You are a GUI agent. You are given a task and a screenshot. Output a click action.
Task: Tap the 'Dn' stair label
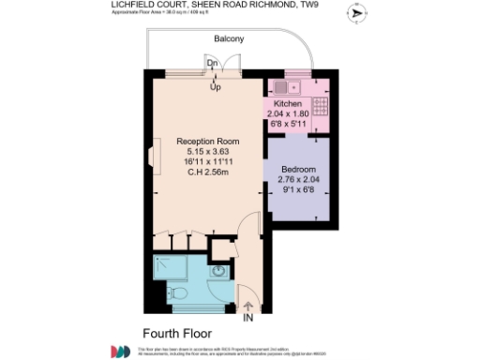point(214,64)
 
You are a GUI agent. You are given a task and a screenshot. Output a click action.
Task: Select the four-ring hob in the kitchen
point(320,105)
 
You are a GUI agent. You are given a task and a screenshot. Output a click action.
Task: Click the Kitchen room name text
point(288,103)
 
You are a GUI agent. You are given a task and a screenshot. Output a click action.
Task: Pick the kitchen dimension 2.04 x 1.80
point(288,112)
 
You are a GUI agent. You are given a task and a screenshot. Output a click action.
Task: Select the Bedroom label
point(299,170)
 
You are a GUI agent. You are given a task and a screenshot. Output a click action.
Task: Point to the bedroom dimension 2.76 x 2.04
point(299,180)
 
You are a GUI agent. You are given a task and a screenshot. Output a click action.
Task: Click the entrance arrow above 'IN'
point(248,305)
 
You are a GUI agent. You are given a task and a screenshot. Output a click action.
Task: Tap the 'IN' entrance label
point(248,319)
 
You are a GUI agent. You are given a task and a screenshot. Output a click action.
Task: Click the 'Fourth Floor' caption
point(177,333)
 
